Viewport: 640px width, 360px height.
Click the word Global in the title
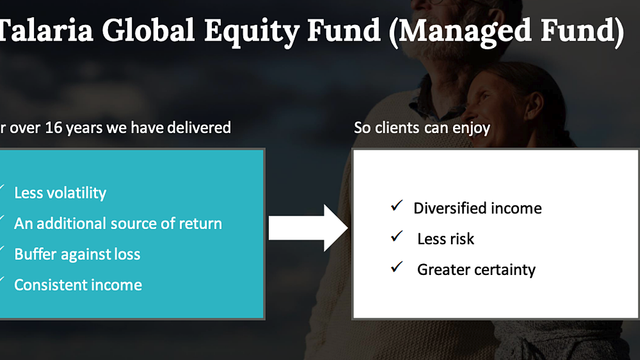149,30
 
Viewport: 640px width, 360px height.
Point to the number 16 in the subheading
53,128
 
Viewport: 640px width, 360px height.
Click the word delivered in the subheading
199,127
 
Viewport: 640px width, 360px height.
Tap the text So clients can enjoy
422,128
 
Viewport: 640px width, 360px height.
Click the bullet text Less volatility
60,193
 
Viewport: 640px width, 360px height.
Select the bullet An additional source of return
118,223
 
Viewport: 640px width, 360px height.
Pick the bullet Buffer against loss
77,255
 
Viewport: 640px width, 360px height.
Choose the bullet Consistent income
78,285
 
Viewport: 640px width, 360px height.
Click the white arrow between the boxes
309,228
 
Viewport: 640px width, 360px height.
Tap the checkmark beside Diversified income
397,206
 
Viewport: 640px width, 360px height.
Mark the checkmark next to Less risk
397,236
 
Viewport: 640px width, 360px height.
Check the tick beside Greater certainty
397,267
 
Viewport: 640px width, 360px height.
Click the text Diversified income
478,208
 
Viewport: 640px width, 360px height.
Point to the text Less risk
446,239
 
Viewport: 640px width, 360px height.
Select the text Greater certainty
476,270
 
